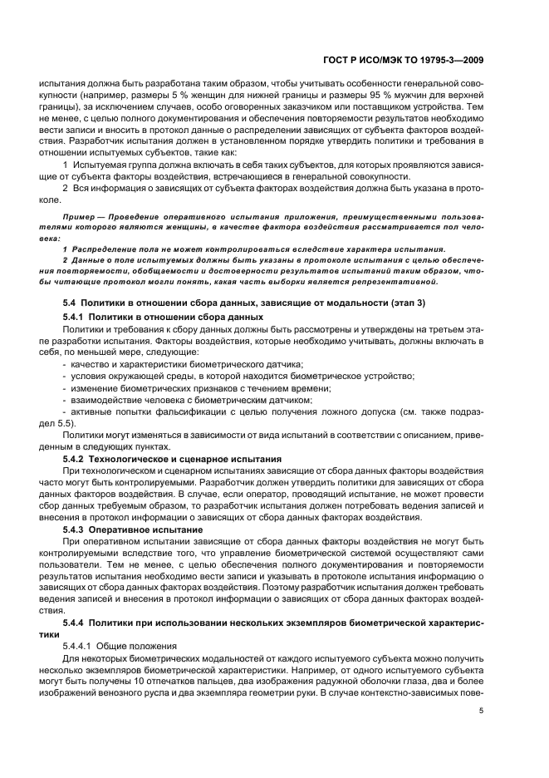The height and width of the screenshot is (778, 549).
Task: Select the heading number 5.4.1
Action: tap(74, 318)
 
